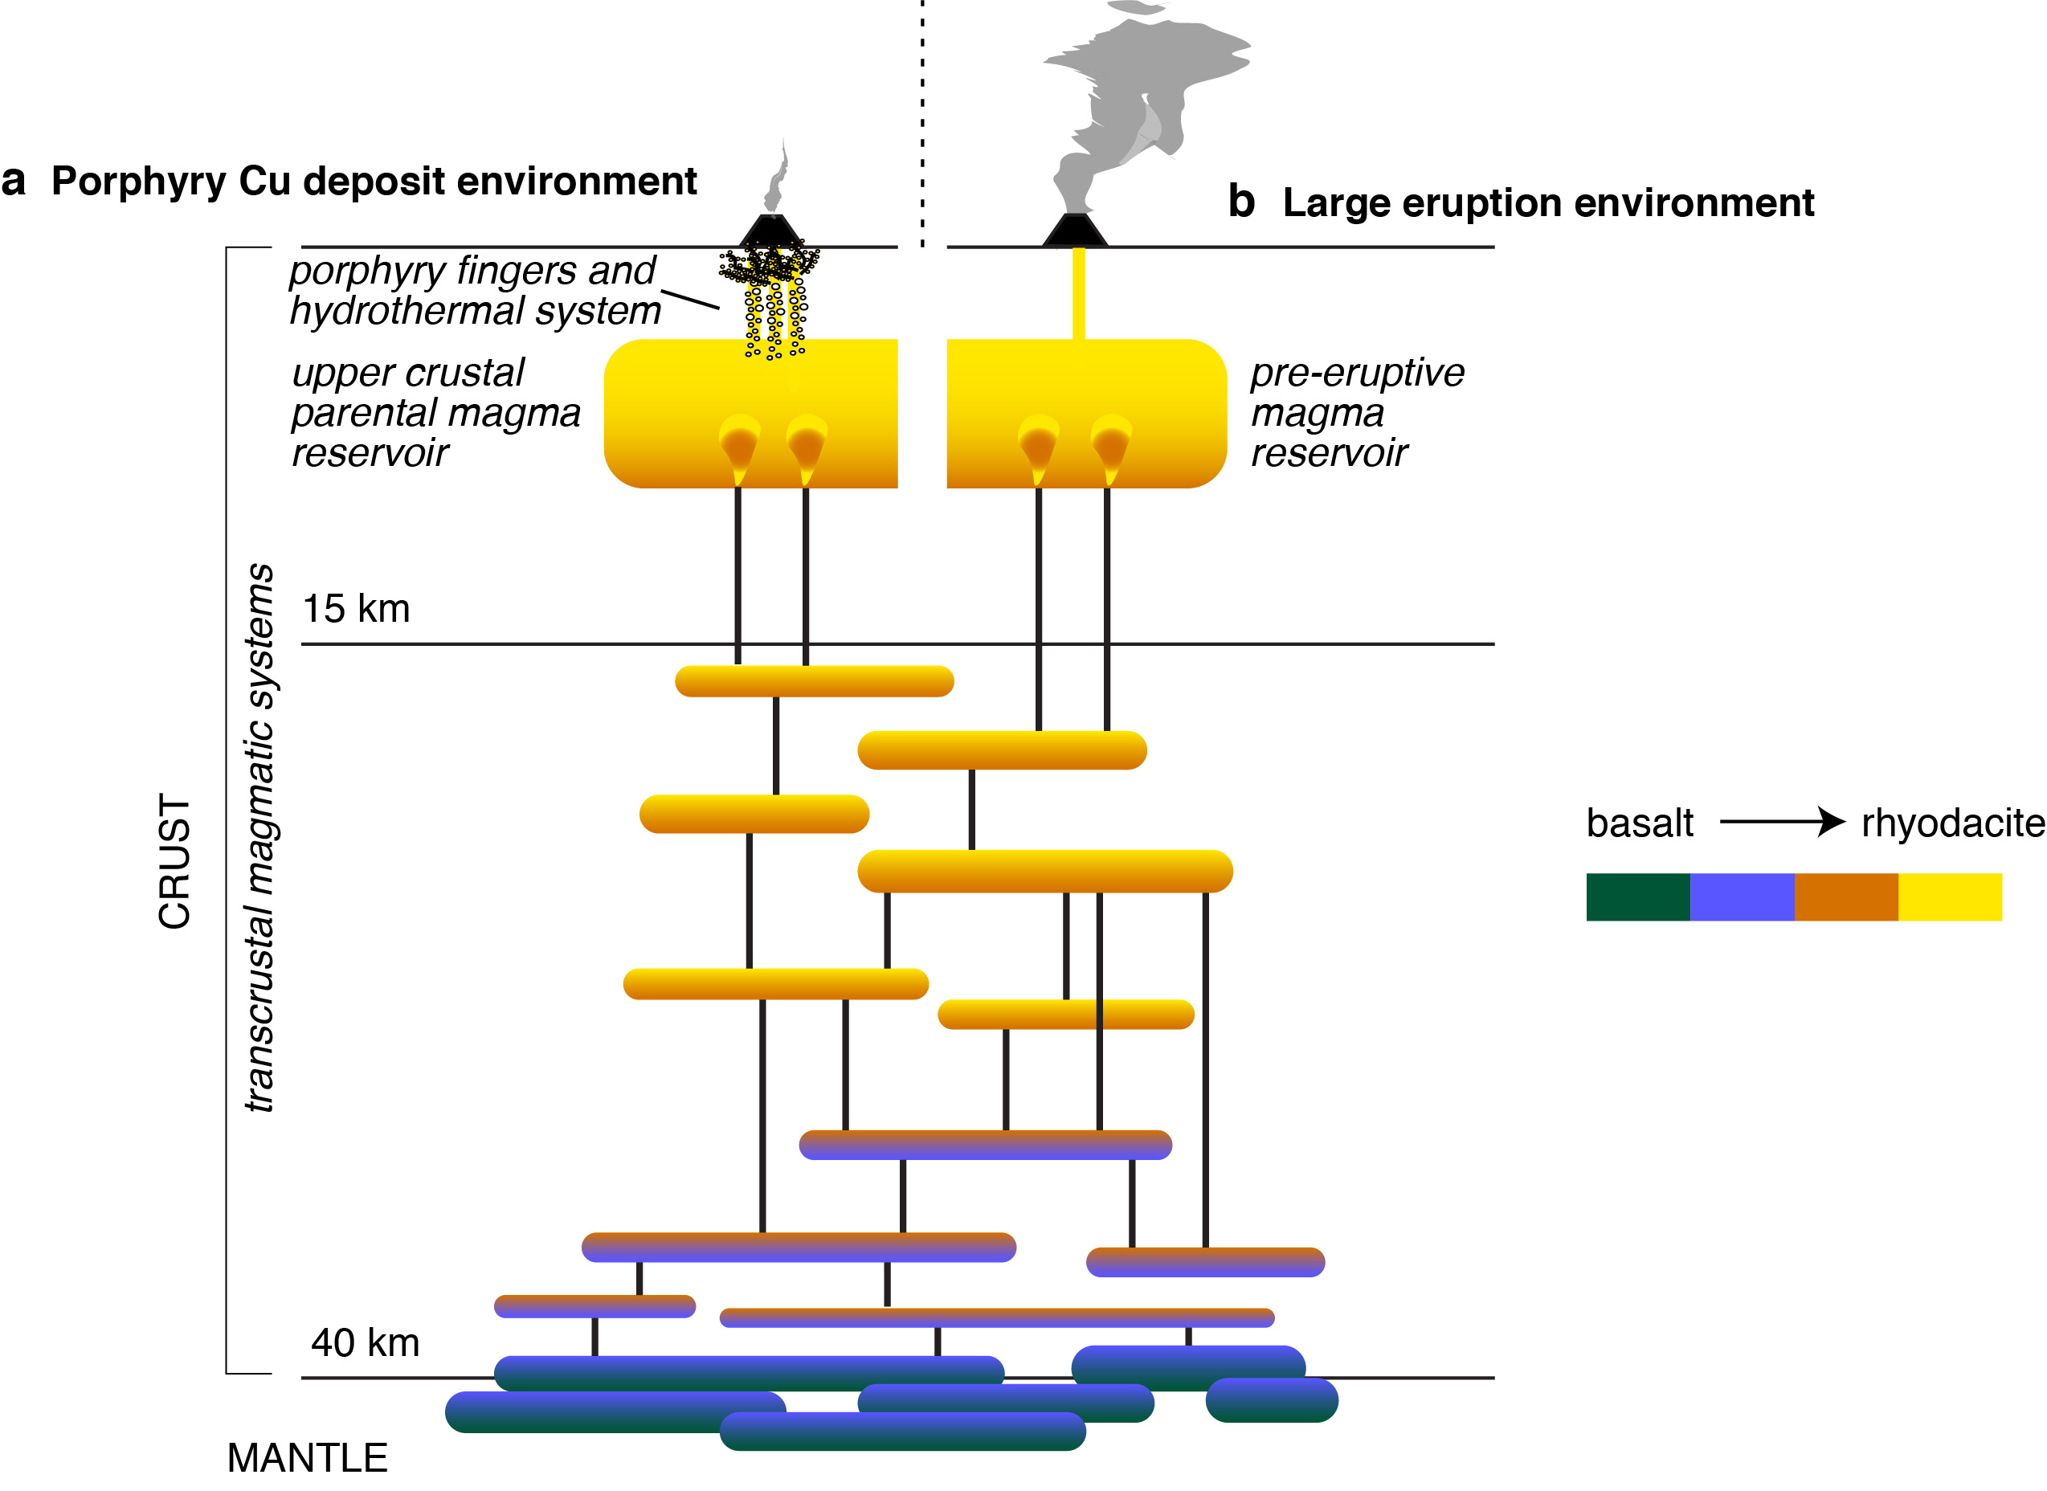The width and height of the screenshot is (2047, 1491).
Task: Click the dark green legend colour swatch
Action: pyautogui.click(x=1637, y=897)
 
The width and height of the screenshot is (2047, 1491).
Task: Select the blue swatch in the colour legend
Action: pyautogui.click(x=1741, y=897)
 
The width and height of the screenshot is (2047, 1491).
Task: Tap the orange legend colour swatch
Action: pyautogui.click(x=1845, y=897)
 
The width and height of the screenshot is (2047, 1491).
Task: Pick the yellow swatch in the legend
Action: pyautogui.click(x=1950, y=897)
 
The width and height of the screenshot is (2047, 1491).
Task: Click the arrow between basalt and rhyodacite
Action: pyautogui.click(x=1781, y=822)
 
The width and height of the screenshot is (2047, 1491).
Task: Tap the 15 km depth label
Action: pyautogui.click(x=356, y=609)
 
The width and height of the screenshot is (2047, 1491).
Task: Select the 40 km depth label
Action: pyautogui.click(x=365, y=1343)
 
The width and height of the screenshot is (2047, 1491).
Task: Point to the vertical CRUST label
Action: pyautogui.click(x=174, y=862)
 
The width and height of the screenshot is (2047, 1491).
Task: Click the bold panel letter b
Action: pyautogui.click(x=1242, y=202)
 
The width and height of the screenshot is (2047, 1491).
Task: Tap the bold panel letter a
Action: pyautogui.click(x=13, y=181)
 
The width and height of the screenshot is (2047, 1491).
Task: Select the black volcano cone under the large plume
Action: pyautogui.click(x=1075, y=232)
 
